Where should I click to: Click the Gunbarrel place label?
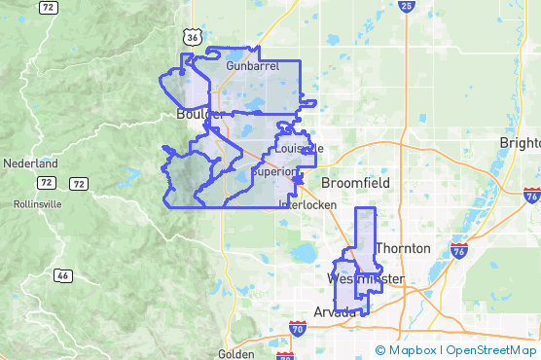tap(252, 65)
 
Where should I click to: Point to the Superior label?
tap(274, 171)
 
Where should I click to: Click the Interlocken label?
tap(307, 205)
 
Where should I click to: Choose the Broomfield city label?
tap(355, 182)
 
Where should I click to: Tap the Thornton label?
tap(402, 248)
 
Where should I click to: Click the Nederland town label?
tap(30, 163)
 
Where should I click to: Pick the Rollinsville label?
tap(38, 204)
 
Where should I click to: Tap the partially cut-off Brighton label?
tap(520, 142)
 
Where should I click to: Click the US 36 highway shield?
tap(192, 37)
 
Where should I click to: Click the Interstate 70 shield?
tap(298, 329)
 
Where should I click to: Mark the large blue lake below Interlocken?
tap(304, 254)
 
